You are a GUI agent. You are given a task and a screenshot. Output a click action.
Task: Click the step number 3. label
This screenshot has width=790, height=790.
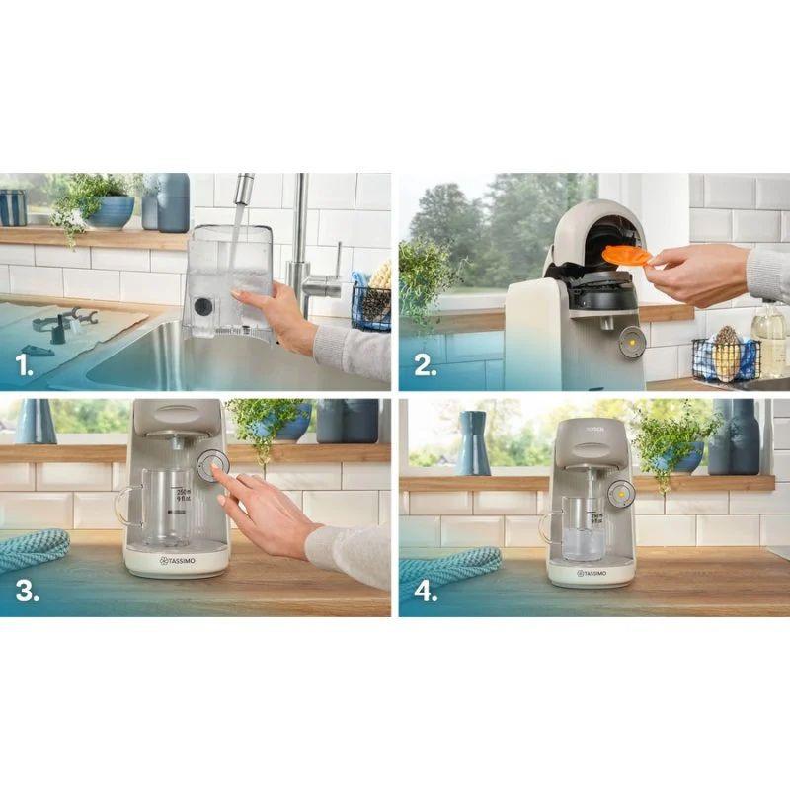pos(27,591)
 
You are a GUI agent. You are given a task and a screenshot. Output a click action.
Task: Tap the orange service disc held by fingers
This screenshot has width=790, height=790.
pos(626,256)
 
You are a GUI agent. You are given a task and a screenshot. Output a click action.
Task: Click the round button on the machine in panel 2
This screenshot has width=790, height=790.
pos(631,342)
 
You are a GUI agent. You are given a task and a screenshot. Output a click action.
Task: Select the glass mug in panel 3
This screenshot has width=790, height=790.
pos(158,505)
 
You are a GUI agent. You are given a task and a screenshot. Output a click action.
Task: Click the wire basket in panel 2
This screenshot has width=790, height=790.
pos(723,359)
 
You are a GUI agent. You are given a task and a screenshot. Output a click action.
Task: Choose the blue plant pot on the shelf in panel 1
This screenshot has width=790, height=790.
pos(111,211)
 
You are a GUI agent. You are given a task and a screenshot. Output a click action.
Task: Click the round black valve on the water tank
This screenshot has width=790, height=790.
pos(203,307)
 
